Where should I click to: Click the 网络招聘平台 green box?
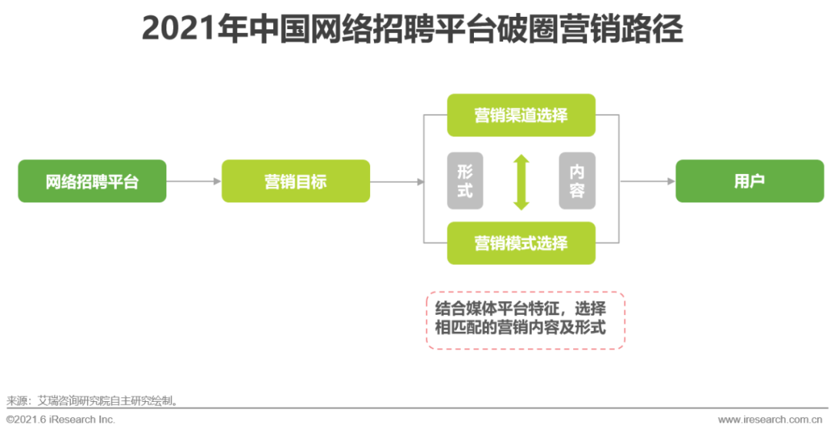[x=92, y=182]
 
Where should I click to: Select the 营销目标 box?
[x=295, y=182]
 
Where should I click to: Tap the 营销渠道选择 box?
[x=521, y=115]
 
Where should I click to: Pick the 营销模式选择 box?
[x=521, y=243]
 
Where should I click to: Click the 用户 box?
[x=749, y=182]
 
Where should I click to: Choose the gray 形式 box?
[x=465, y=181]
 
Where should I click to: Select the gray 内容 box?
[x=577, y=181]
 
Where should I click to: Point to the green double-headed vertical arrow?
[x=522, y=182]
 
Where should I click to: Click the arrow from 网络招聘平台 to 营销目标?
[x=194, y=182]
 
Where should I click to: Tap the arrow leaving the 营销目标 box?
[x=397, y=182]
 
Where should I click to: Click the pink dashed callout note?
[x=526, y=320]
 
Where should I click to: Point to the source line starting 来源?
[x=93, y=400]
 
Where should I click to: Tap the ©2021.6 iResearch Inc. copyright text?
[x=61, y=420]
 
